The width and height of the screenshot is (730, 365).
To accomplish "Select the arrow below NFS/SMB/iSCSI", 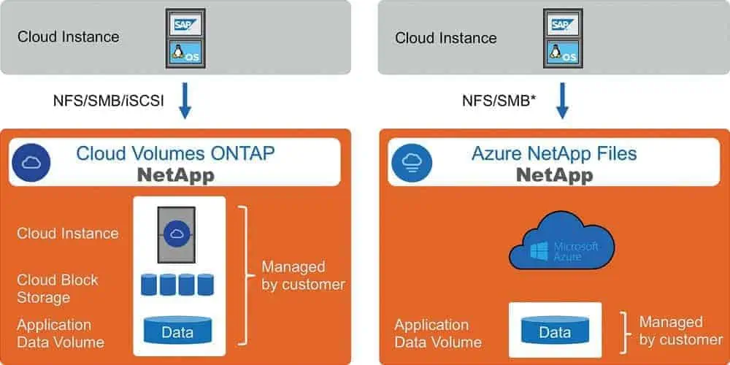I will coord(185,101).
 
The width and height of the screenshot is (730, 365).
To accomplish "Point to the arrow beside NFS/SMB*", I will coord(562,101).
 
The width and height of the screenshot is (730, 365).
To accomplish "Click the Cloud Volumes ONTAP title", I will coord(177,153).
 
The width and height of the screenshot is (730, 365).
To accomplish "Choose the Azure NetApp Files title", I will coord(555,153).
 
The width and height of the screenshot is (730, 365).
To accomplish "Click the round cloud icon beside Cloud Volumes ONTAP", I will coord(30,162).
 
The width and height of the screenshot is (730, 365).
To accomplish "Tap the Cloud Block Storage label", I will coord(58,288).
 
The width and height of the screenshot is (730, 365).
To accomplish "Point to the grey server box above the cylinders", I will coord(176,233).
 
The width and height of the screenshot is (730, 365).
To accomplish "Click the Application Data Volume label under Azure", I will coord(438,333).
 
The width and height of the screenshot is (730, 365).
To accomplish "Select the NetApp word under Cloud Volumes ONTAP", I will coord(177,175).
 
